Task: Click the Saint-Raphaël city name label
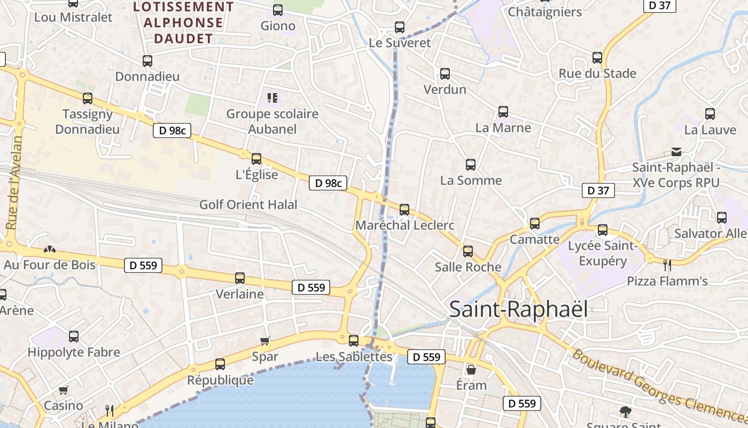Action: pyautogui.click(x=518, y=309)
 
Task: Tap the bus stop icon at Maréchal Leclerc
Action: pyautogui.click(x=404, y=209)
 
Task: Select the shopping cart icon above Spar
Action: pyautogui.click(x=265, y=341)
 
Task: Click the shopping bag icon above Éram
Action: pyautogui.click(x=471, y=370)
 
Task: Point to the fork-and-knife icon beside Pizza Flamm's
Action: pyautogui.click(x=667, y=265)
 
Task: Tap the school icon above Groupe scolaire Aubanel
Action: pyautogui.click(x=272, y=97)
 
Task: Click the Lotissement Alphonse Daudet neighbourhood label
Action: pyautogui.click(x=183, y=22)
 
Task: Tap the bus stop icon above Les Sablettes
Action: pyautogui.click(x=354, y=340)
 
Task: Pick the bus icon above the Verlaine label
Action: pyautogui.click(x=240, y=278)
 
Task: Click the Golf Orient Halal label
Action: pyautogui.click(x=248, y=204)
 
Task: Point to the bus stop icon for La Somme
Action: pyautogui.click(x=471, y=165)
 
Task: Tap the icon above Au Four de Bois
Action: pyautogui.click(x=50, y=249)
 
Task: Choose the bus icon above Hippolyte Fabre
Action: pyautogui.click(x=74, y=337)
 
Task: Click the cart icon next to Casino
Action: pyautogui.click(x=64, y=390)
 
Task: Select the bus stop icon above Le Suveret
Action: pyautogui.click(x=400, y=27)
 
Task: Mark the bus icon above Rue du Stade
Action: pyautogui.click(x=597, y=58)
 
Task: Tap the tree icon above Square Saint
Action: pyautogui.click(x=625, y=411)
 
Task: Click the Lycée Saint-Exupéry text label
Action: pyautogui.click(x=603, y=253)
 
